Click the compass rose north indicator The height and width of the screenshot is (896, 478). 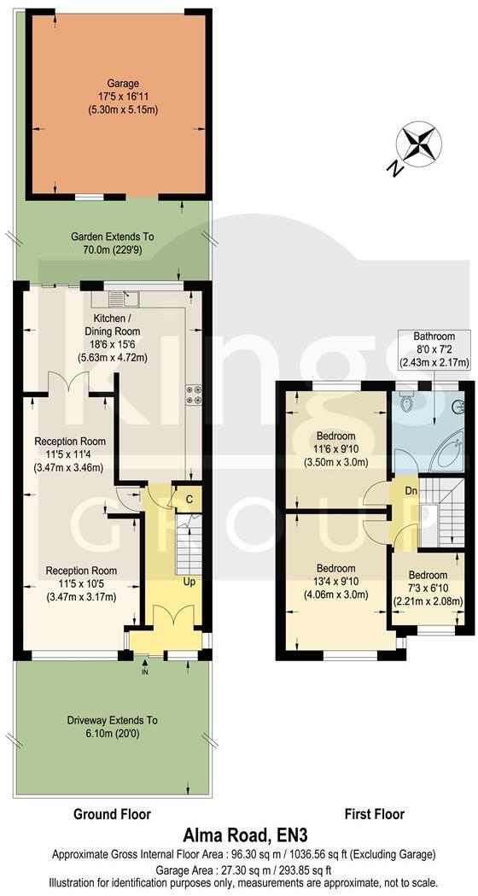[417, 145]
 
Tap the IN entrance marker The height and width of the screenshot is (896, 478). [144, 672]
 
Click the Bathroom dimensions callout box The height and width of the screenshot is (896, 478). [434, 349]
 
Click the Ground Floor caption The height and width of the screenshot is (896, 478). [112, 814]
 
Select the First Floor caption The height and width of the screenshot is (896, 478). [374, 814]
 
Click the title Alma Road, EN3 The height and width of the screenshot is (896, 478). [242, 835]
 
